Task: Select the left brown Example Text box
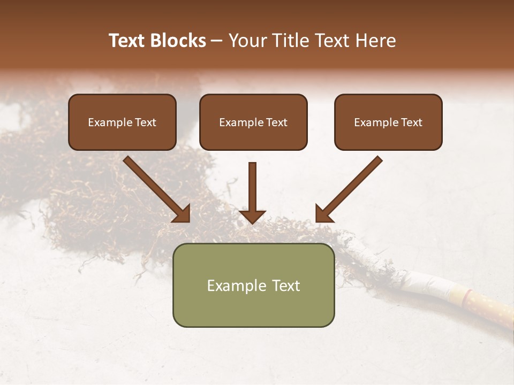tap(122, 122)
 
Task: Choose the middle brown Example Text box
tap(253, 122)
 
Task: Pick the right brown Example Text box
tap(388, 122)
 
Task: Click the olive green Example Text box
tap(253, 285)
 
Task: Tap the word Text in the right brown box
tap(412, 122)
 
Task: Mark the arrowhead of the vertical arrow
tap(252, 216)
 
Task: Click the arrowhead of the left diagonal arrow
tap(183, 214)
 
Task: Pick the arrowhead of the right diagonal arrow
tap(323, 214)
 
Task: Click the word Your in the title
tap(246, 41)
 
